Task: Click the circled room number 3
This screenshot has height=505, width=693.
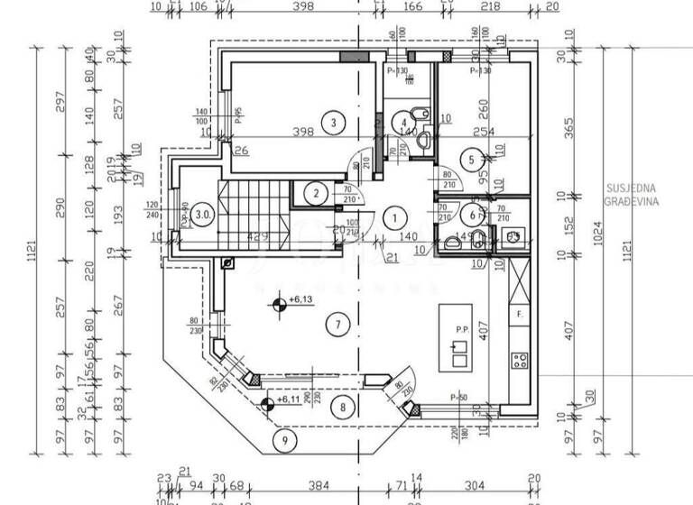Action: pyautogui.click(x=333, y=123)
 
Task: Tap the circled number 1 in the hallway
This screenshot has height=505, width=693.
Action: pyautogui.click(x=393, y=216)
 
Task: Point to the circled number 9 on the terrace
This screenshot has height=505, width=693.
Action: pyautogui.click(x=285, y=441)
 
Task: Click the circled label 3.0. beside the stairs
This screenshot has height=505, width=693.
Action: pyautogui.click(x=205, y=216)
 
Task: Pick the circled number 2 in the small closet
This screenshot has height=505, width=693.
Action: pyautogui.click(x=315, y=192)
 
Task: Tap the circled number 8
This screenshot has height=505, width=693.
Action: pyautogui.click(x=342, y=407)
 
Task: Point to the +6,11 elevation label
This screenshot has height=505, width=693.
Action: pyautogui.click(x=287, y=399)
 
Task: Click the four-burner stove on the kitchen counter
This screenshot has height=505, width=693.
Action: pyautogui.click(x=521, y=361)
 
